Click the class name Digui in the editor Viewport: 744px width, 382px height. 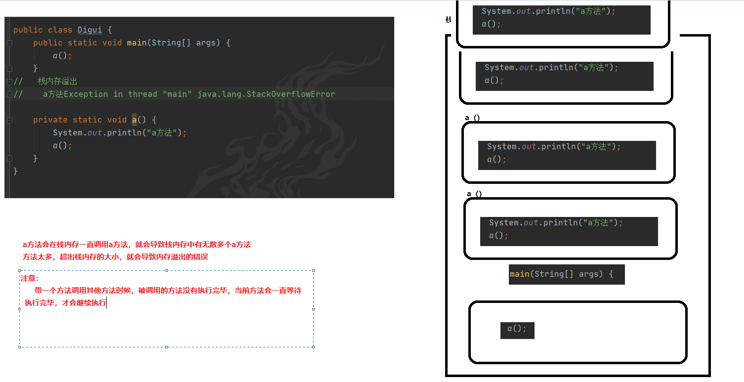click(x=89, y=30)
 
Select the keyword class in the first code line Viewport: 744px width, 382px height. click(x=60, y=30)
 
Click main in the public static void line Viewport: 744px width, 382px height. click(x=136, y=43)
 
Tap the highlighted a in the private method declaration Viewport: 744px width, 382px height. click(x=134, y=120)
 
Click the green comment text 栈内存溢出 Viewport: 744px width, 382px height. click(x=58, y=82)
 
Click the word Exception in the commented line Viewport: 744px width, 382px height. click(x=85, y=94)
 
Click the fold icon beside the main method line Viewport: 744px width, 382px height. click(x=9, y=43)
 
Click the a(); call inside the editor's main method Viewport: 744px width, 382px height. click(x=63, y=56)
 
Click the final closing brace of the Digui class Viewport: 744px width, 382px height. click(x=16, y=171)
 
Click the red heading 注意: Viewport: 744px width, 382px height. click(x=30, y=279)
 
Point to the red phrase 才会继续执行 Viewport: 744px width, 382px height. click(x=84, y=303)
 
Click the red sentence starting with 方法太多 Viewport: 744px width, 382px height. click(x=115, y=257)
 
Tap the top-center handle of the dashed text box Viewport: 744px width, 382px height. click(x=166, y=270)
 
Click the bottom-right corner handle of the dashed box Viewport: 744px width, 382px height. click(x=314, y=347)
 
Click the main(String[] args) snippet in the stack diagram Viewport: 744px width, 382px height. click(x=561, y=274)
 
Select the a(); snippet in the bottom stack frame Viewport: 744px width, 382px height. click(x=517, y=329)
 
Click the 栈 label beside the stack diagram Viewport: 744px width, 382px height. click(x=448, y=20)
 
